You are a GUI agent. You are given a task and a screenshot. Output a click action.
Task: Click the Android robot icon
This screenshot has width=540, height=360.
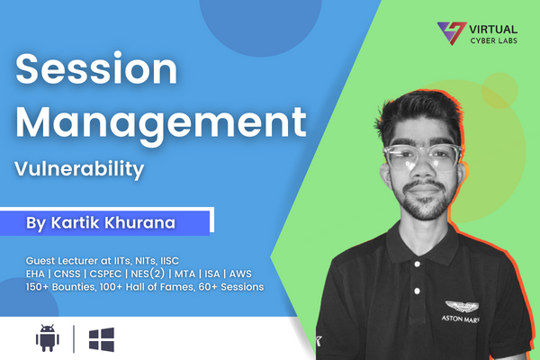[47, 339]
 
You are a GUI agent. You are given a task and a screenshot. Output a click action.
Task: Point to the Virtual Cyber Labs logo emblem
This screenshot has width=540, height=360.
[447, 33]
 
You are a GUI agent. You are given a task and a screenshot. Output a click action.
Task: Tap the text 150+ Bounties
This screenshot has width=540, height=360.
[63, 287]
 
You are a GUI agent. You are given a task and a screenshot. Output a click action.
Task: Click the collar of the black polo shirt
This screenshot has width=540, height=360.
[396, 254]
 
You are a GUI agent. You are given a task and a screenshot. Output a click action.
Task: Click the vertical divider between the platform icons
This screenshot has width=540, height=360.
[74, 339]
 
